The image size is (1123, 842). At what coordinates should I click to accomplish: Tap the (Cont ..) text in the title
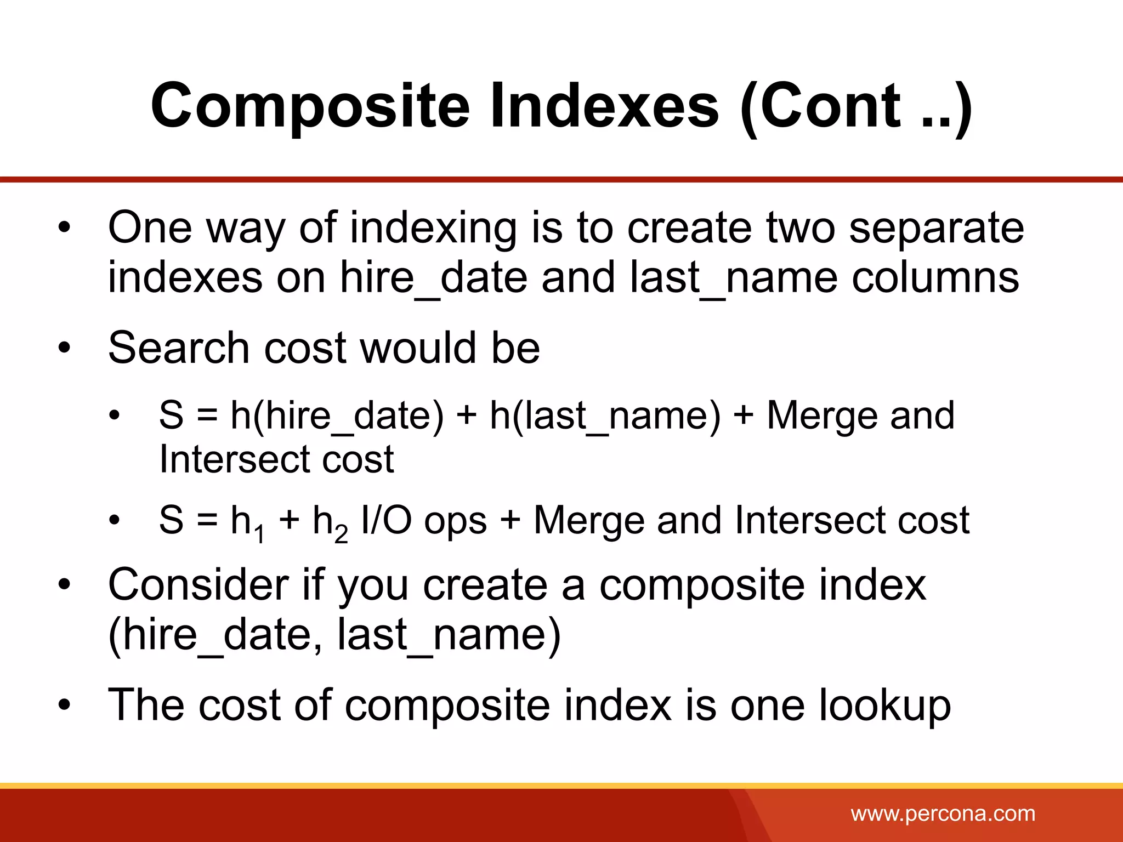(x=856, y=107)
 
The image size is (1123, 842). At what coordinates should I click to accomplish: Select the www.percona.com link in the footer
(x=943, y=813)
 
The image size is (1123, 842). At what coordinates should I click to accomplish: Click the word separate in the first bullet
(x=937, y=228)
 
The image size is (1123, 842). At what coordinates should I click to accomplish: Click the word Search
(x=179, y=348)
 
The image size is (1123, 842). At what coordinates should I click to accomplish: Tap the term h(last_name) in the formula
(x=605, y=416)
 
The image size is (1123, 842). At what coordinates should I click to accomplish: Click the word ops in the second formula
(x=455, y=521)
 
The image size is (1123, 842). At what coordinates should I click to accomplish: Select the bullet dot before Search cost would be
(x=65, y=348)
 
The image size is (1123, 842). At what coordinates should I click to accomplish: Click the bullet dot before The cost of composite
(x=65, y=706)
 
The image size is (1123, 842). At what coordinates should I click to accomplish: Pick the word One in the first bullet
(x=150, y=228)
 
